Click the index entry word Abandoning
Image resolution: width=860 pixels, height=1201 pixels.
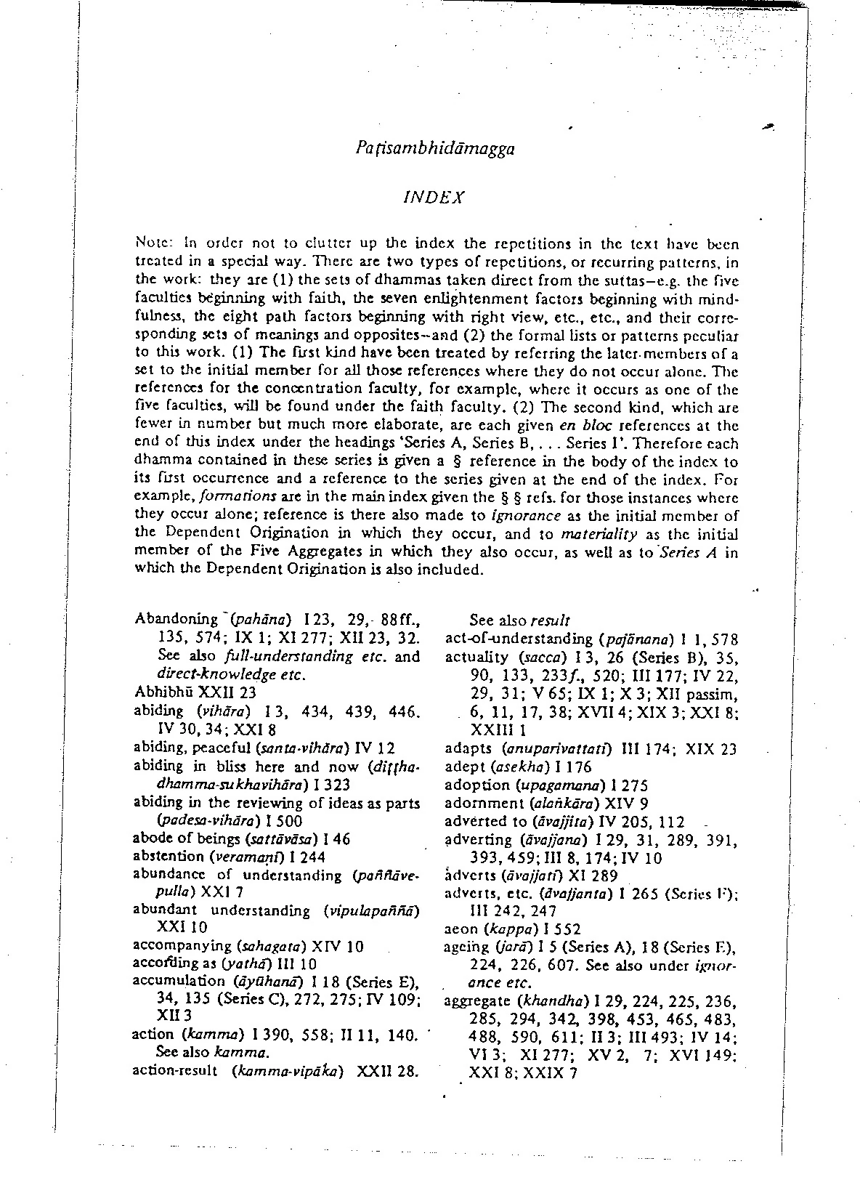176,619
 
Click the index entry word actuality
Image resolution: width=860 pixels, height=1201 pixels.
476,658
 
